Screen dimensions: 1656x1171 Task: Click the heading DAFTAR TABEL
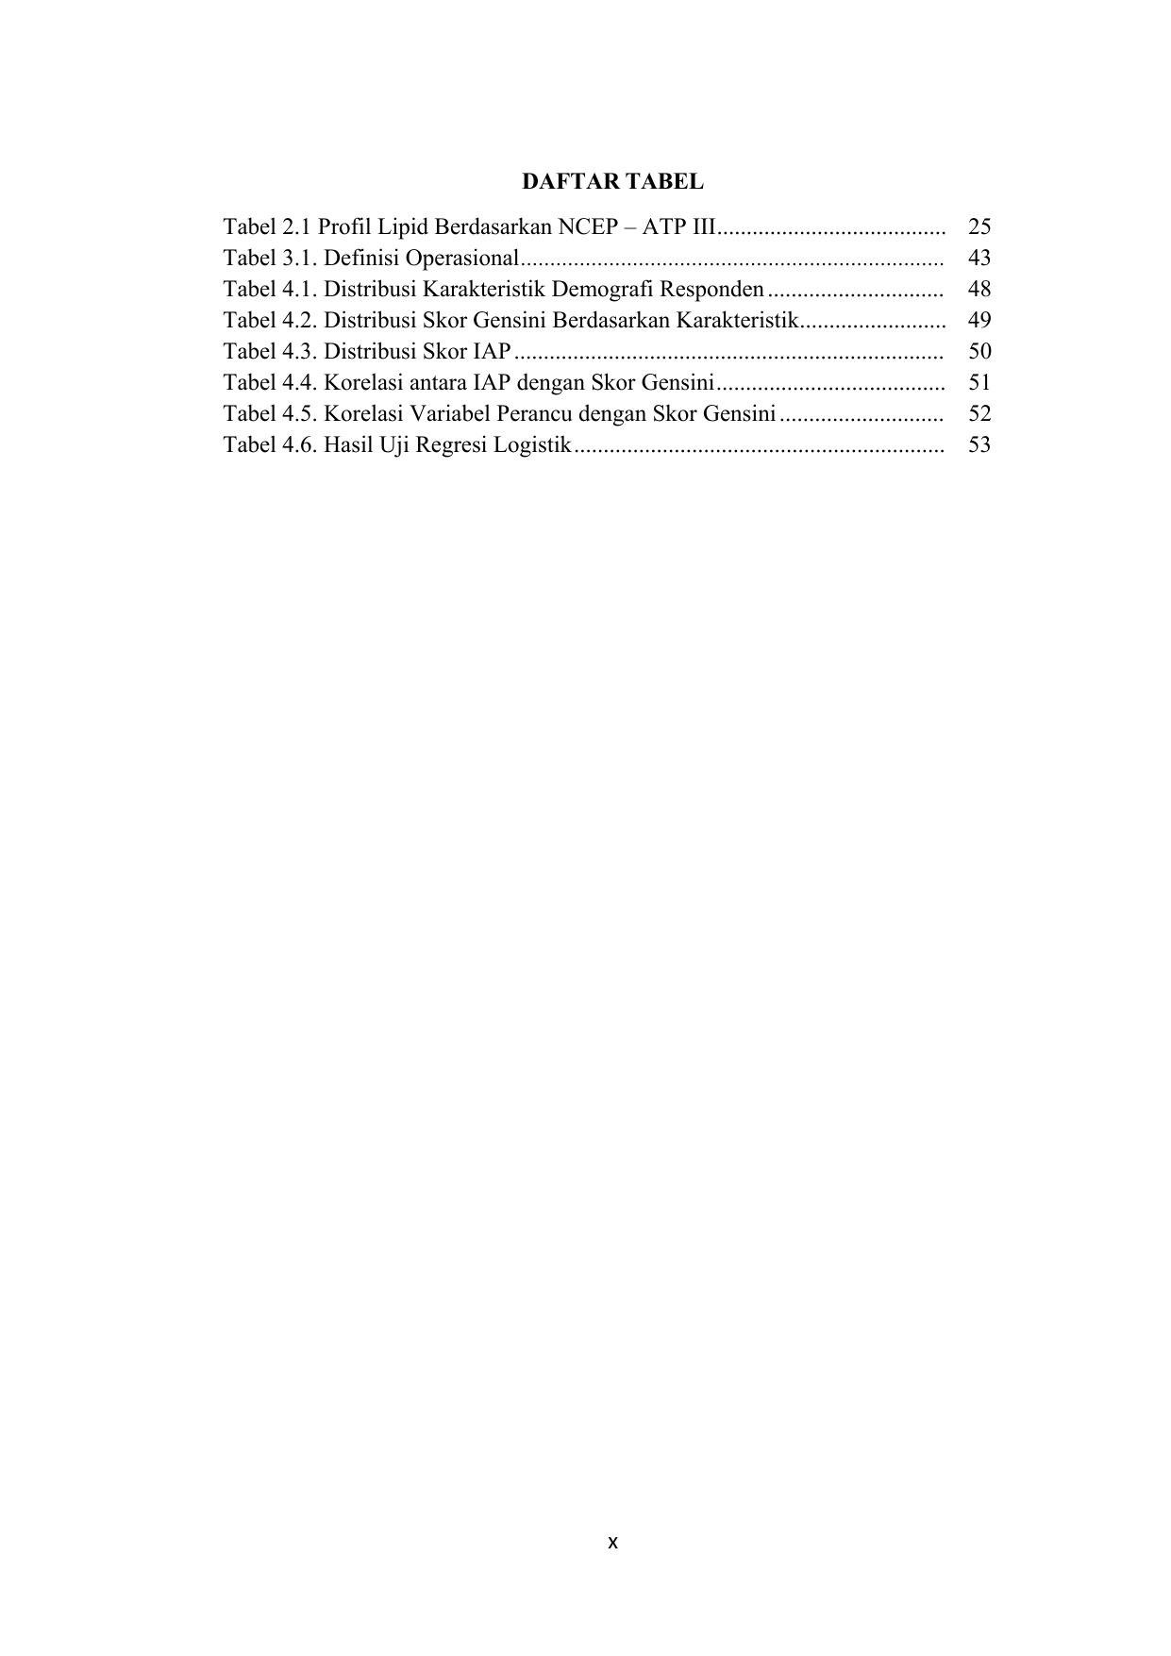(x=612, y=181)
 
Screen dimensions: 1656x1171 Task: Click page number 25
(x=979, y=226)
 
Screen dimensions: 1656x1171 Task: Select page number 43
(x=979, y=258)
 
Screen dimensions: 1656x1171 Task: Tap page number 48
(x=979, y=289)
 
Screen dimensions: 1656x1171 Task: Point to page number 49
(x=979, y=320)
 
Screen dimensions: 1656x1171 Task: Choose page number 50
(x=979, y=351)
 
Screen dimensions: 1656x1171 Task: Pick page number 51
(x=979, y=382)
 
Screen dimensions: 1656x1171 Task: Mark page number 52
(x=979, y=413)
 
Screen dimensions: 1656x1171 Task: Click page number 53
(x=979, y=444)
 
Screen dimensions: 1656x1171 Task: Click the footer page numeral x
(x=612, y=1543)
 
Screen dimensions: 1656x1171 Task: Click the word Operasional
(x=461, y=259)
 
